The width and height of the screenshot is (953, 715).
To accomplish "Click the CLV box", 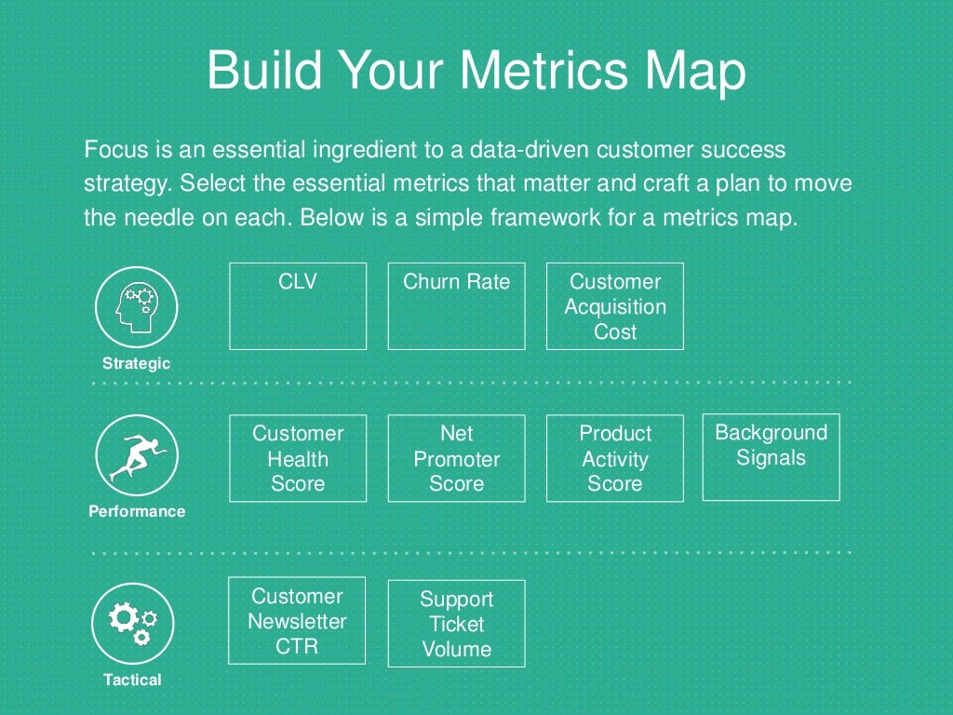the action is coord(298,305).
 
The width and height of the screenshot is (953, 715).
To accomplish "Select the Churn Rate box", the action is coord(456,305).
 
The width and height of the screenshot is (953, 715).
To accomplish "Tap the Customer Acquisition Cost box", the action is coord(614,306).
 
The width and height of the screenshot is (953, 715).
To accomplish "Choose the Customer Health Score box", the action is coord(298,458).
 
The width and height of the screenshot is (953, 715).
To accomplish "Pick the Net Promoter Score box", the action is coord(456,458).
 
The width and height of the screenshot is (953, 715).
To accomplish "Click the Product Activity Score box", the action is coord(614,458).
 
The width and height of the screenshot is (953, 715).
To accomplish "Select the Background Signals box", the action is coord(771,457).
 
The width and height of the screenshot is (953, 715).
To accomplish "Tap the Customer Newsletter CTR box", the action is coord(297,620).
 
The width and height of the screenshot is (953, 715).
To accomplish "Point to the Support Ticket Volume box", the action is coord(456,624).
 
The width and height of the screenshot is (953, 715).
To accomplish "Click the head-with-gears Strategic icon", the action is coord(137,306).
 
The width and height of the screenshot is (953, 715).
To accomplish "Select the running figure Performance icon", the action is coord(137,456).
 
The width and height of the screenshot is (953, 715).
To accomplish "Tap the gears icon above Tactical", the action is coord(133,623).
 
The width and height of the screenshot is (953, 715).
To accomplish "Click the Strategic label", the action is coord(136,364).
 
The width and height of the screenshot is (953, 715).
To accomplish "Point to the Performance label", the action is coord(137,511).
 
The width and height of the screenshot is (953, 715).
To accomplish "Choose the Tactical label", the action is coord(132,680).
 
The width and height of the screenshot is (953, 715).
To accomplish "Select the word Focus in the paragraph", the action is coord(113,149).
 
